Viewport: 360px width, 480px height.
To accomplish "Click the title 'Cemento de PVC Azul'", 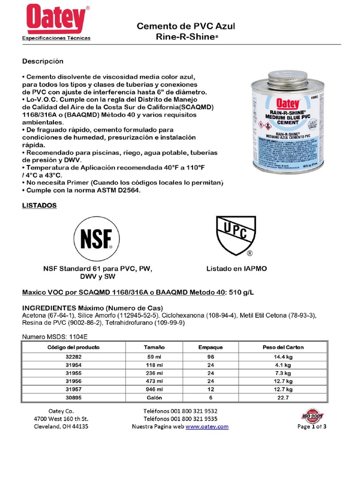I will (x=185, y=27).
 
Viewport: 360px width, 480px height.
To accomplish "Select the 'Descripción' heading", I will (x=43, y=61).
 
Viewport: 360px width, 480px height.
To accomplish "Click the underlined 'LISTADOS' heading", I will (x=40, y=206).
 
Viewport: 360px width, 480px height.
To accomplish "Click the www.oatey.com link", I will (x=207, y=427).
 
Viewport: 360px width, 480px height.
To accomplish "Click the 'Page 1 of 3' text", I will (x=312, y=427).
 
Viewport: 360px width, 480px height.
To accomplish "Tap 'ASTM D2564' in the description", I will (x=119, y=191).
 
